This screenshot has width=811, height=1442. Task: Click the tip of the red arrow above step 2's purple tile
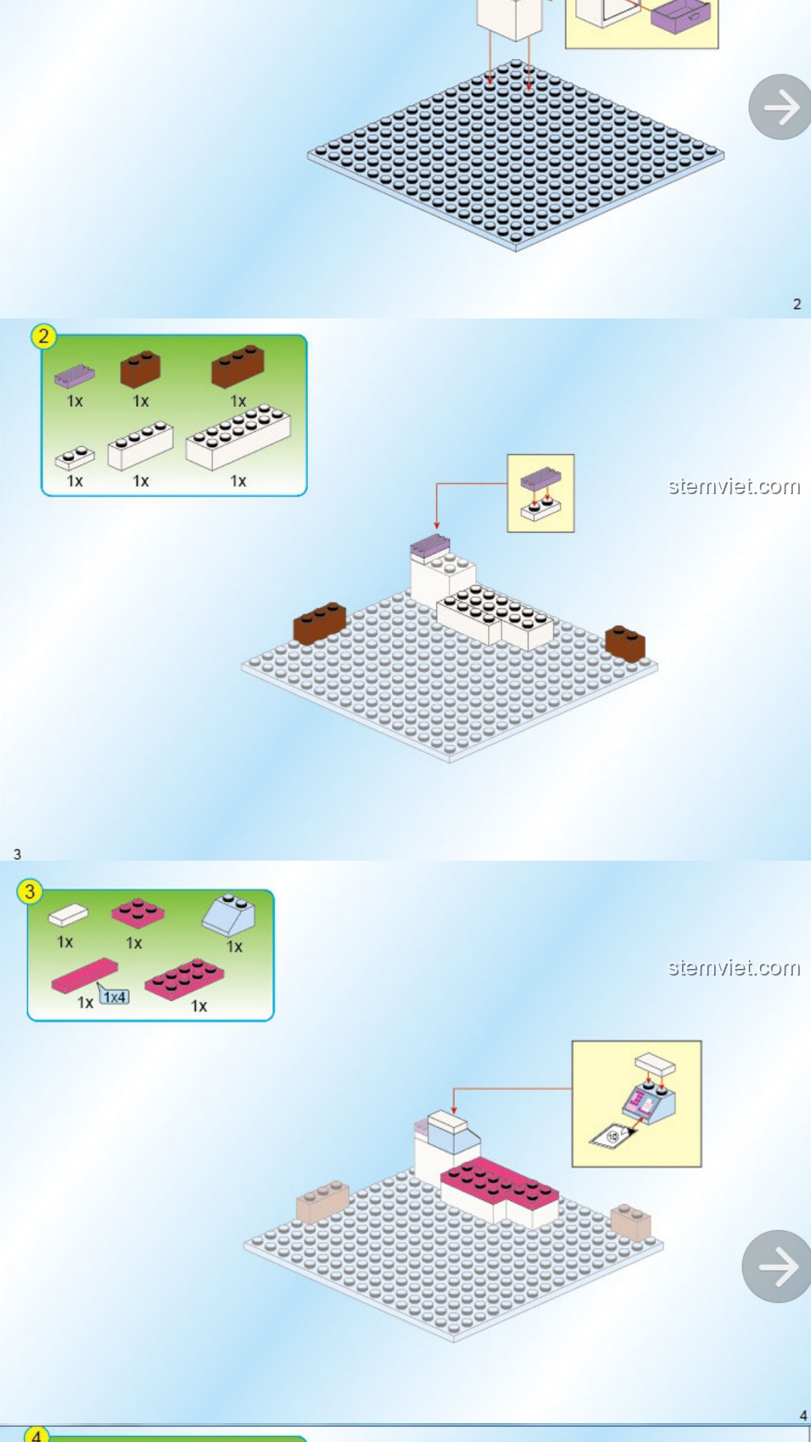tap(436, 529)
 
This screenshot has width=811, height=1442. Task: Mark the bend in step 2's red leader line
tap(436, 484)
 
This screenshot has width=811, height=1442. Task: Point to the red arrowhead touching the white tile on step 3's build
tap(454, 1112)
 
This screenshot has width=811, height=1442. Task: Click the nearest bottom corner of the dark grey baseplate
tap(517, 250)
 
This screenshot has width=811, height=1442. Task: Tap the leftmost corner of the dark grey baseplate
tap(308, 155)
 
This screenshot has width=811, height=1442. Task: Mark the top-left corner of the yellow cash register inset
tap(572, 1041)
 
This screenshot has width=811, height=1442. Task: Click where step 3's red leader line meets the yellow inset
tap(572, 1088)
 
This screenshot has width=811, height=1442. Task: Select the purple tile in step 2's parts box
tap(74, 376)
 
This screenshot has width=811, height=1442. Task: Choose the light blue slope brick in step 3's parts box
tap(229, 916)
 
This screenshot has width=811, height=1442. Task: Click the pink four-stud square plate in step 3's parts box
tap(138, 913)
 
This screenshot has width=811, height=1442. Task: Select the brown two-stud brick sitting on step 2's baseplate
tap(626, 643)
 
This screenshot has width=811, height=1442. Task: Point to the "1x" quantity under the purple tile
tap(75, 401)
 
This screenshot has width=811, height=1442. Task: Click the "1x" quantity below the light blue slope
tap(235, 947)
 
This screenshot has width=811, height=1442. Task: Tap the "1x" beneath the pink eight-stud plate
tap(199, 1006)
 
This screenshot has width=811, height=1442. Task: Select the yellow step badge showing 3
tap(30, 892)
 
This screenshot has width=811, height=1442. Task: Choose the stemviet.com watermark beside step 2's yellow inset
tap(734, 487)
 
